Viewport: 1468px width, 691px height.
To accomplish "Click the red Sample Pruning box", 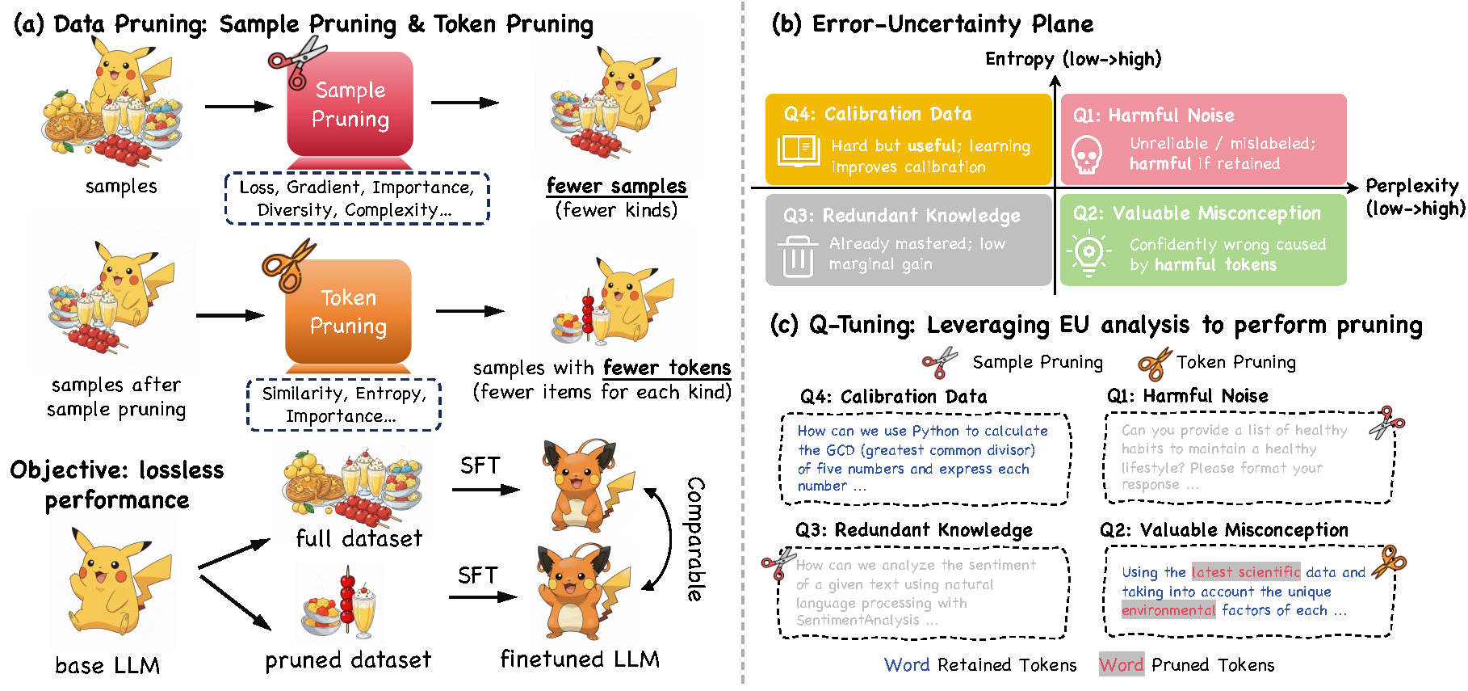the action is click(350, 105).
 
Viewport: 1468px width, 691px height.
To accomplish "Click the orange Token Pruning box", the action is click(348, 312).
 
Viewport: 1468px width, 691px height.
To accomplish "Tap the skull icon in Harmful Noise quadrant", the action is click(1087, 154).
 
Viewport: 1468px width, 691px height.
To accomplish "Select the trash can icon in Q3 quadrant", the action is click(798, 256).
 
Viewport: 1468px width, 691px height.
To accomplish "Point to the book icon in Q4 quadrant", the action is click(799, 150).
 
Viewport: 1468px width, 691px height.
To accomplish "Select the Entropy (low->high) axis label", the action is click(1073, 59).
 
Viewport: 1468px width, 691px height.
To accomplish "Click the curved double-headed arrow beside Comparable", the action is click(664, 538).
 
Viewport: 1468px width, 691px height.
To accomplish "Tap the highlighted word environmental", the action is click(1168, 610).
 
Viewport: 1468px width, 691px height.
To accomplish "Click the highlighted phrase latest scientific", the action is click(1246, 572).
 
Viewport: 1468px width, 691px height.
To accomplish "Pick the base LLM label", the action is click(107, 665).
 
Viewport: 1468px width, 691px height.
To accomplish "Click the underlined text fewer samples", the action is click(616, 186).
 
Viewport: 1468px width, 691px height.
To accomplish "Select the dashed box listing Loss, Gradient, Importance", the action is click(357, 198).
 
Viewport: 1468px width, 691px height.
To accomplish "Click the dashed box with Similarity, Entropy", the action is click(344, 405).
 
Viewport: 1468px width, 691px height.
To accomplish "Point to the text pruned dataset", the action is click(348, 660).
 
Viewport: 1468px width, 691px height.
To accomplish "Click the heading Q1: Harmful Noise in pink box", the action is click(1153, 116).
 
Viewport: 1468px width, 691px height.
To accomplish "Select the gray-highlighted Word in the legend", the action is click(1122, 664).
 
